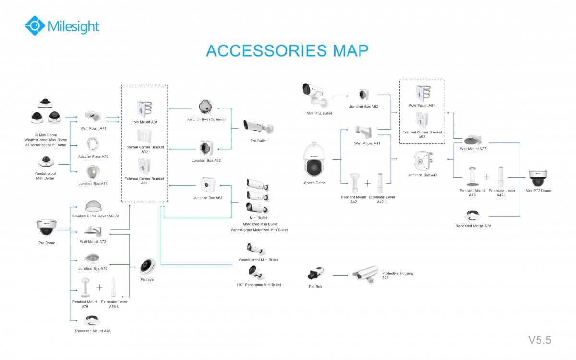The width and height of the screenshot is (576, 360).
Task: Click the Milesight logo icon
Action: pos(35,25)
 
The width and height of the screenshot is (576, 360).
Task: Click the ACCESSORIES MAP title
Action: pos(287,50)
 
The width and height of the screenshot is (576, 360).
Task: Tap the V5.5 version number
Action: pos(540,340)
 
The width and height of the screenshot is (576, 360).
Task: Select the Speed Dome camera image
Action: pos(314,159)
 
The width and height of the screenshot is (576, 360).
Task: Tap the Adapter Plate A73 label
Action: pos(93,156)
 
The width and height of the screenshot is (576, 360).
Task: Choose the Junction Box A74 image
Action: pos(93,172)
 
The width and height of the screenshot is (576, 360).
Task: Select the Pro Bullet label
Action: pos(258,141)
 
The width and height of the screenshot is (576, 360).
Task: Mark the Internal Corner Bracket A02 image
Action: pos(144,136)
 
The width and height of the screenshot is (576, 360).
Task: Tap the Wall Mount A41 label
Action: pos(367,143)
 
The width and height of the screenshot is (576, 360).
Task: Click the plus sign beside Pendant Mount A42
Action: pos(367,183)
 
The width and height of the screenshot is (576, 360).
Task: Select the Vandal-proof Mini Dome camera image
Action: pos(46,160)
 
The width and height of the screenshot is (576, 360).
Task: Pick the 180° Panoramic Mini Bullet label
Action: pos(258,285)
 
